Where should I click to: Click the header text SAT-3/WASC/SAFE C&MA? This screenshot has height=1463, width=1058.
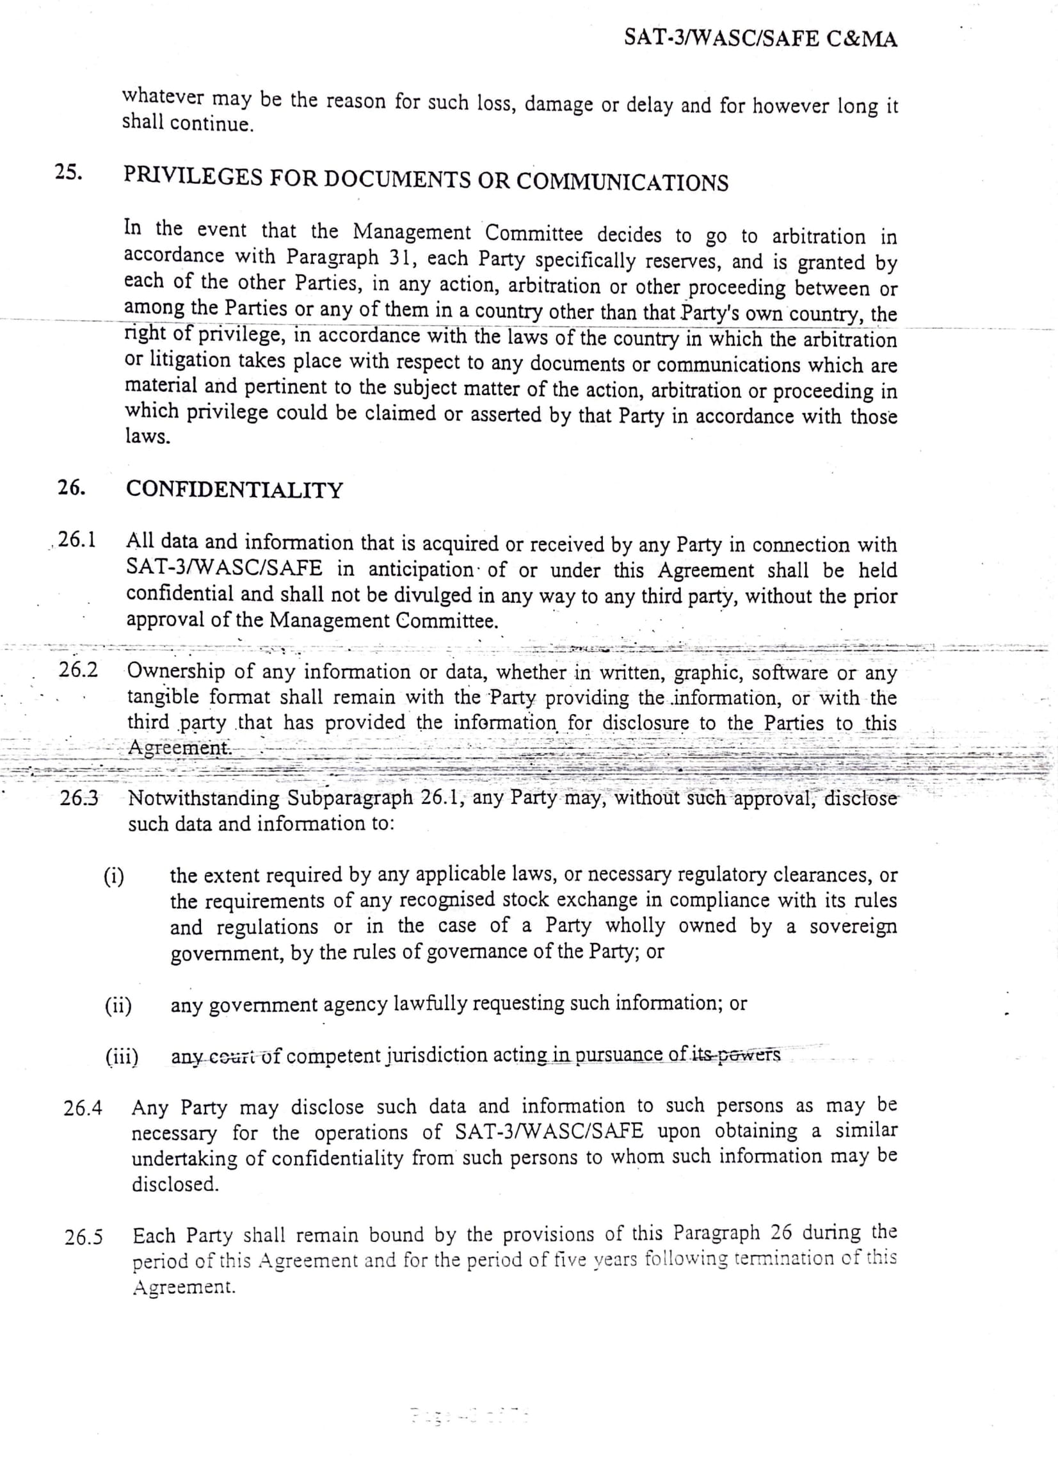pyautogui.click(x=761, y=39)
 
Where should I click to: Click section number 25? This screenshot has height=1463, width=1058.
pyautogui.click(x=68, y=173)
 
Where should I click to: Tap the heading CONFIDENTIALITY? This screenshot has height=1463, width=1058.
pyautogui.click(x=234, y=490)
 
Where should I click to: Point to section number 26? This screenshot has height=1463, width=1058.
pyautogui.click(x=71, y=487)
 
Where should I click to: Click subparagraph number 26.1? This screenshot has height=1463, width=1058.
pyautogui.click(x=77, y=539)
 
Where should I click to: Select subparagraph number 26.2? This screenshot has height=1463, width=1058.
pyautogui.click(x=79, y=669)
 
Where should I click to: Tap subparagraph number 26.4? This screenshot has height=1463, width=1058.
pyautogui.click(x=83, y=1108)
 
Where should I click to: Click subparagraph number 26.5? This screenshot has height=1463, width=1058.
pyautogui.click(x=84, y=1238)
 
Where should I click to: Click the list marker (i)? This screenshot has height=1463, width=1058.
pyautogui.click(x=114, y=877)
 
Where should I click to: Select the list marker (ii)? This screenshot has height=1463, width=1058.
pyautogui.click(x=118, y=1006)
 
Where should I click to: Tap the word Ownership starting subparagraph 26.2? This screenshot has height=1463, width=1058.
pyautogui.click(x=175, y=671)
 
